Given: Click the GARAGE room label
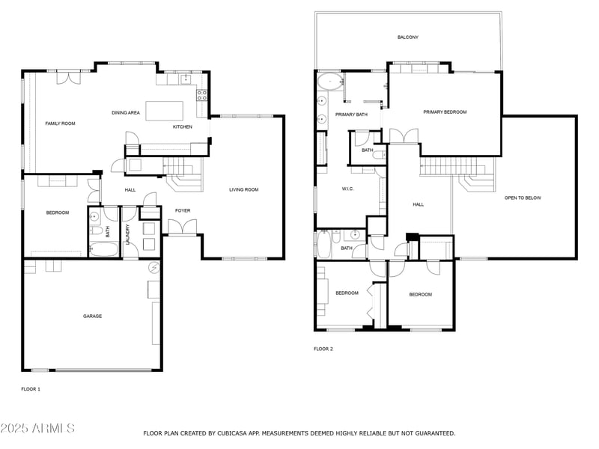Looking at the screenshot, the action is click(92, 316).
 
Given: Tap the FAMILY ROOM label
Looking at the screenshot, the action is click(61, 123).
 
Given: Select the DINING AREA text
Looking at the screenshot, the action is click(126, 113).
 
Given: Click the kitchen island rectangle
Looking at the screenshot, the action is click(164, 111).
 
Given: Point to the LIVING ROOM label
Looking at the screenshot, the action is click(244, 189).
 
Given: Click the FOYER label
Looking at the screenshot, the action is click(183, 210).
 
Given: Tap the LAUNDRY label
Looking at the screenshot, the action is click(127, 234).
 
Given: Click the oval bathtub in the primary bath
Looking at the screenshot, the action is click(330, 82).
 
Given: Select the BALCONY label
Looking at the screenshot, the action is click(407, 37).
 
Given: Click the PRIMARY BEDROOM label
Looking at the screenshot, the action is click(445, 112).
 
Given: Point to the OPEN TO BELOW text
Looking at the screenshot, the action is click(523, 198).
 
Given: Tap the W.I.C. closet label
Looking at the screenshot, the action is click(347, 189).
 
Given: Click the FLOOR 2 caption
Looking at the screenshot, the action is click(323, 349).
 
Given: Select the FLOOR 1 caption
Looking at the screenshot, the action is click(31, 389).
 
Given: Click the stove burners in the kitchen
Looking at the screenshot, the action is click(201, 95).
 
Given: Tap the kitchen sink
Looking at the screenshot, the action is click(186, 79).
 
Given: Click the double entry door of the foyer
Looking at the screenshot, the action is click(183, 227).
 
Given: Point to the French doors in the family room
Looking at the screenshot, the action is click(69, 77).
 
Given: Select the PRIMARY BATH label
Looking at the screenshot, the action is click(351, 114).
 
